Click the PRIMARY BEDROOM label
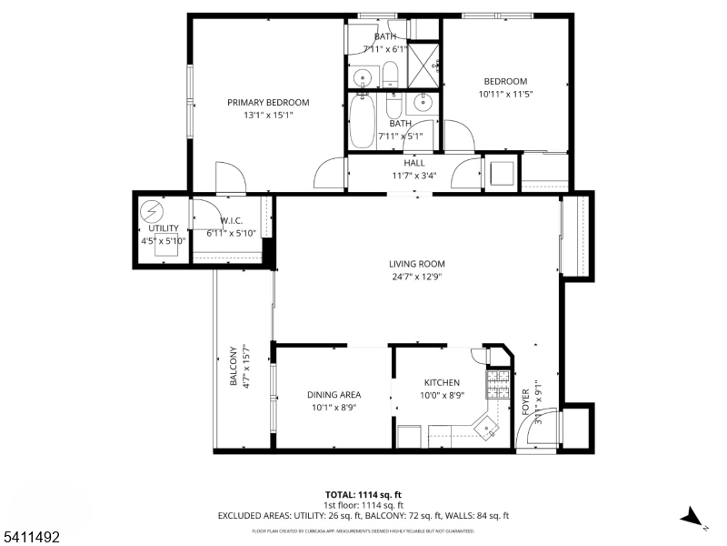tap(268, 103)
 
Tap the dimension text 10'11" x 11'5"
tap(504, 94)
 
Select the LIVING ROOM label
tap(417, 264)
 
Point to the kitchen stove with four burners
tap(499, 384)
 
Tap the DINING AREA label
tap(334, 394)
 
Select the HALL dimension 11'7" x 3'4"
tap(413, 176)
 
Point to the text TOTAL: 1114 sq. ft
tap(363, 493)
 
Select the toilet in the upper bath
tap(390, 73)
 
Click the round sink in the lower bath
tap(423, 102)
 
